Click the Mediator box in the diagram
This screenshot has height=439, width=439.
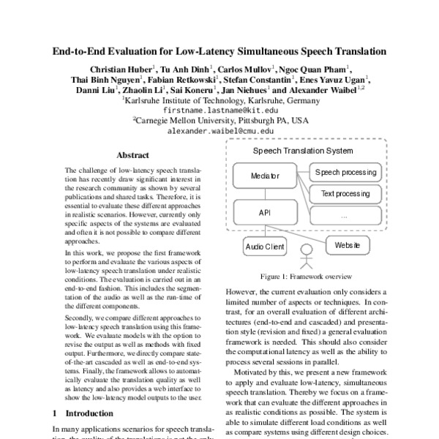(260, 176)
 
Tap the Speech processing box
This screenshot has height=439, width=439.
(345, 173)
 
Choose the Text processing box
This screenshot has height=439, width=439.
(345, 194)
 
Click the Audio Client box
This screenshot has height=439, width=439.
(265, 247)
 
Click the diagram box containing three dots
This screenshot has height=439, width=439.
(345, 215)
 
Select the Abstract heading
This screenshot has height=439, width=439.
(133, 156)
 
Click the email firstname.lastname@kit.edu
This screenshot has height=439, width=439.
(220, 110)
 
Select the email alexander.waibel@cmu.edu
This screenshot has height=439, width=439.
(220, 132)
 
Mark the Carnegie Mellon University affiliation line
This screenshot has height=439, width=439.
(220, 121)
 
